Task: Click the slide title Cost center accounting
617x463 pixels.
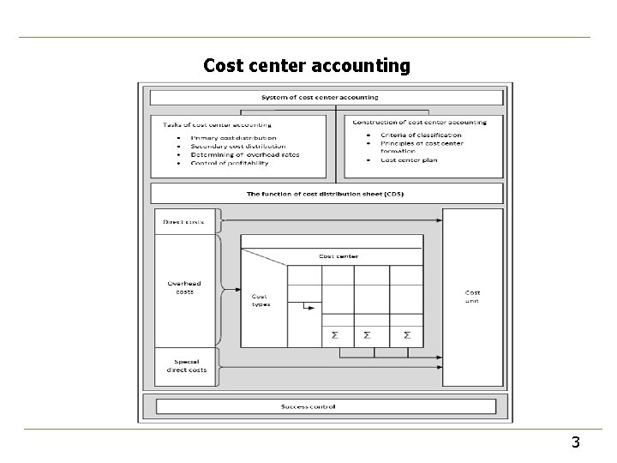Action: click(x=307, y=65)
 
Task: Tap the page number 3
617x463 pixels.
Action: click(x=575, y=442)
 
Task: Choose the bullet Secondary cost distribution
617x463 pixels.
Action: click(x=236, y=146)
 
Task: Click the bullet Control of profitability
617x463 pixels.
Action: click(x=230, y=162)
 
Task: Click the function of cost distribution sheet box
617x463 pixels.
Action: click(x=325, y=194)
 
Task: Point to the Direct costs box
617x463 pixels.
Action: click(x=184, y=221)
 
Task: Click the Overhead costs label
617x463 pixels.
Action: click(x=185, y=287)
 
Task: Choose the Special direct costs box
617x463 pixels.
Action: click(x=185, y=365)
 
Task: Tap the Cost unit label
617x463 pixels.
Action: click(x=472, y=297)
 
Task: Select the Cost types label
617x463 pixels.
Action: click(x=260, y=301)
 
